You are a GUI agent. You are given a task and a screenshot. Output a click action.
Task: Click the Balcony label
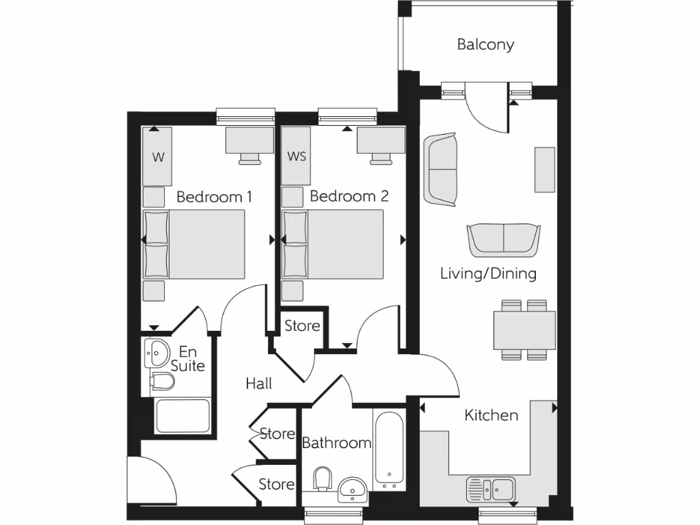pyautogui.click(x=485, y=45)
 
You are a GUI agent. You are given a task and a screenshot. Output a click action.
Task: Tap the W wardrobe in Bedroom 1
pyautogui.click(x=158, y=157)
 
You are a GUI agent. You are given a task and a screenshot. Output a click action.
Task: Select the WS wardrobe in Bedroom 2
pyautogui.click(x=297, y=157)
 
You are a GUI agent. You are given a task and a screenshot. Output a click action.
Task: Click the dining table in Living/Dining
pyautogui.click(x=524, y=329)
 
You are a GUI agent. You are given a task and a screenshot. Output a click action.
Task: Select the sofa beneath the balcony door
pyautogui.click(x=440, y=170)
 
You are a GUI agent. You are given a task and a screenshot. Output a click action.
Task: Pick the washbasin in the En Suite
pyautogui.click(x=157, y=353)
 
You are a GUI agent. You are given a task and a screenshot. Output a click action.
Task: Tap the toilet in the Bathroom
pyautogui.click(x=322, y=478)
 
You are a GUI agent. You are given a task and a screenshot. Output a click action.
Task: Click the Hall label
pyautogui.click(x=258, y=384)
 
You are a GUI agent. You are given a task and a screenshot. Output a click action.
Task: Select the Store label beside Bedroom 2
pyautogui.click(x=302, y=326)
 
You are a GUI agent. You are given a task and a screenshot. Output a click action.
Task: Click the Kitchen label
pyautogui.click(x=491, y=415)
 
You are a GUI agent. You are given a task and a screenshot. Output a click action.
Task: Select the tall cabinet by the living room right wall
pyautogui.click(x=545, y=169)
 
